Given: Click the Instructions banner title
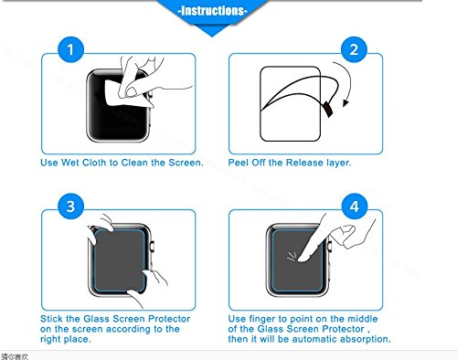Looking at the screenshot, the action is [212, 11].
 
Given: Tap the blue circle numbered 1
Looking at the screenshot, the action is [70, 49].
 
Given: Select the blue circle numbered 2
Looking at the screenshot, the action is [354, 49].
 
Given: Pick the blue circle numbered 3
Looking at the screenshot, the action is [70, 206].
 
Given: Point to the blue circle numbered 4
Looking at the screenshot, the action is [354, 206].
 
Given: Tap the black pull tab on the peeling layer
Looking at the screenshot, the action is [328, 110].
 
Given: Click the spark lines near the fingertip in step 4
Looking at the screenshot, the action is [292, 257].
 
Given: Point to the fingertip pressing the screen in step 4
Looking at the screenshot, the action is [303, 259].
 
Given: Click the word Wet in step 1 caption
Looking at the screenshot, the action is [70, 163].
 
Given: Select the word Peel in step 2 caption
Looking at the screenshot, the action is [239, 163].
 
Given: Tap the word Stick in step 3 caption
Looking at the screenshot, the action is [52, 319].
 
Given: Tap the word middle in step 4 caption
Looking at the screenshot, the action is [363, 319].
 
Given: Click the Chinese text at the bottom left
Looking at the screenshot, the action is [15, 356].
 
